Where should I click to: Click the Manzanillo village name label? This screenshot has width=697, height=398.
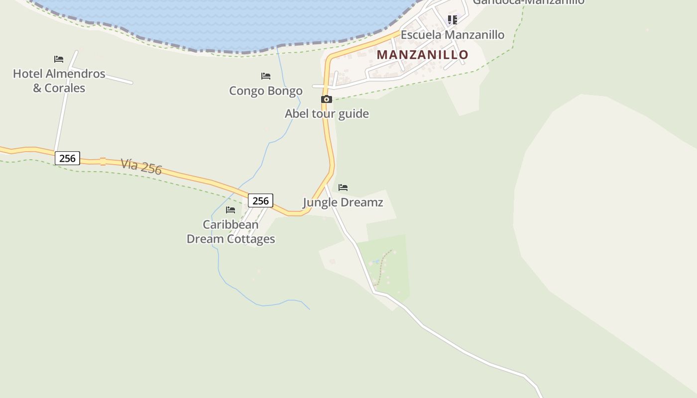422,55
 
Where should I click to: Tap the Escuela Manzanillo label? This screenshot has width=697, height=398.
452,35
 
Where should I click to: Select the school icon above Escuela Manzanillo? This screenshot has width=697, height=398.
452,20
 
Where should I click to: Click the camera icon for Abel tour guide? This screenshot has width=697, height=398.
326,99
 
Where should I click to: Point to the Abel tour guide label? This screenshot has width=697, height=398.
327,114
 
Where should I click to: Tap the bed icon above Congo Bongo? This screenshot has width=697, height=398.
266,76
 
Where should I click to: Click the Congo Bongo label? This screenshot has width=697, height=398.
266,91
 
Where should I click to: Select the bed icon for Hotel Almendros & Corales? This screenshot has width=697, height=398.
59,59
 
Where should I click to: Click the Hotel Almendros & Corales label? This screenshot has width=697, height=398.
59,81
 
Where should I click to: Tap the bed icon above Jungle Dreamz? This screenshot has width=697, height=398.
343,188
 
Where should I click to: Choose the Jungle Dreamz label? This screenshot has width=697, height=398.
343,202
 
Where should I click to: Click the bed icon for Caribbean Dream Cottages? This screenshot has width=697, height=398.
231,210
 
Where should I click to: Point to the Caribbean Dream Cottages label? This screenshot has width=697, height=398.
231,232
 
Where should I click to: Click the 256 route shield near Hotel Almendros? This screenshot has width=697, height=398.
67,159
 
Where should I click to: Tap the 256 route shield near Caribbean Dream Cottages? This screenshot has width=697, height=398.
260,201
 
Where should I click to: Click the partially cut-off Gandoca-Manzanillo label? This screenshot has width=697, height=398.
528,2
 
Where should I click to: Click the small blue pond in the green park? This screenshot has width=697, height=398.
377,261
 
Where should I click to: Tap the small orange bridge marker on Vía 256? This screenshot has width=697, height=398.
103,161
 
